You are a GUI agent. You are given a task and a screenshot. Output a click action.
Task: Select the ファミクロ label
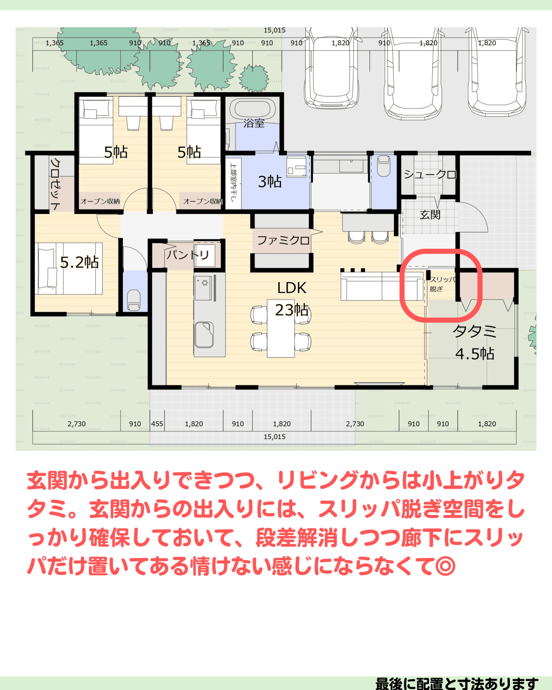point(283,240)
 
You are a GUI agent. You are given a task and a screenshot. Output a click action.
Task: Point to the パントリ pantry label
point(188,255)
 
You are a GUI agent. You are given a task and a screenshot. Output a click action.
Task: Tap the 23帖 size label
point(292,310)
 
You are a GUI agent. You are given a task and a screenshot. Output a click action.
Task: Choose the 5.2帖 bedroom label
point(79,262)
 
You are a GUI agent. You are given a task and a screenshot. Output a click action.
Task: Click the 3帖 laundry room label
point(270,181)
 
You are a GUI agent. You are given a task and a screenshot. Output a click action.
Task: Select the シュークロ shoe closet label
point(430,174)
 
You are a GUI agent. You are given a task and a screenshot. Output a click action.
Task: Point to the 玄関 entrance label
point(430,215)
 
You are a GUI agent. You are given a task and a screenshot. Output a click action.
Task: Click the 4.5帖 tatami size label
point(475,354)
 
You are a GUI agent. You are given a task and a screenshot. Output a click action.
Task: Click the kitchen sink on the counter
point(204,335)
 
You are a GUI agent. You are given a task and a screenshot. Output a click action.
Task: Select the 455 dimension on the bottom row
point(157,424)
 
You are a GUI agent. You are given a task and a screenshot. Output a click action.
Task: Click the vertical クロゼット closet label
point(55,184)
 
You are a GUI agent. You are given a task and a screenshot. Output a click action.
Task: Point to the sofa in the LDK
point(382,286)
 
